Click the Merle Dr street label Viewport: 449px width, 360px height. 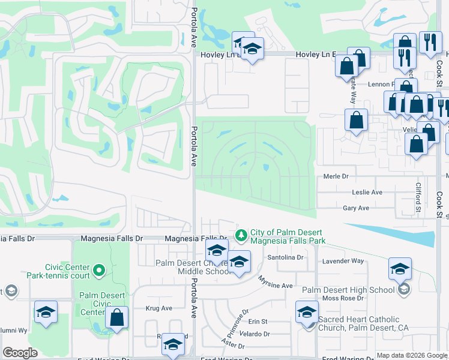coord(336,176)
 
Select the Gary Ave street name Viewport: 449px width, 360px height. coord(355,208)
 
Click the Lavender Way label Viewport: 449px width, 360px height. coord(343,261)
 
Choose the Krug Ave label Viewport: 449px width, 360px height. coord(159,308)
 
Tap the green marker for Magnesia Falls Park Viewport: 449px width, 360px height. coord(241,235)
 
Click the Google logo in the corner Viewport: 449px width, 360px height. coord(20,353)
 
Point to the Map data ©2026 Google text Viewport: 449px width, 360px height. coord(412,355)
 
